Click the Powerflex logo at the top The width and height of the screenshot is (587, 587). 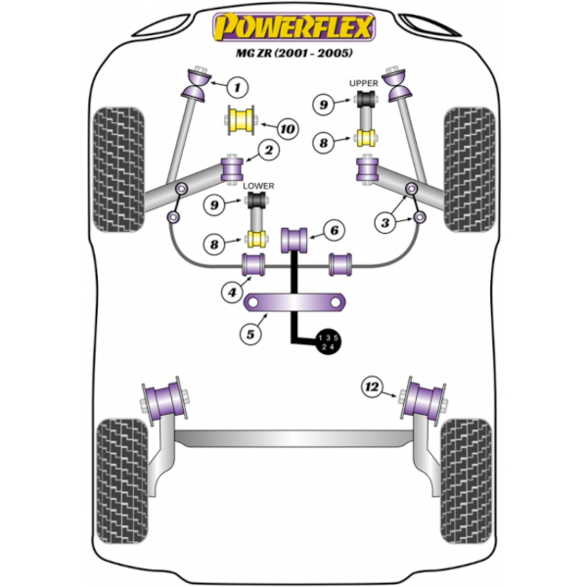click(293, 26)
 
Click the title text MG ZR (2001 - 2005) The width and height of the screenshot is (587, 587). click(293, 53)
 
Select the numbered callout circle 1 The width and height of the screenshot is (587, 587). click(238, 88)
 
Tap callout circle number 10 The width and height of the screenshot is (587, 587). click(288, 129)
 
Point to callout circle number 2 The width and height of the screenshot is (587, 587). click(269, 151)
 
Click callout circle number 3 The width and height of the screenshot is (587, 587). click(385, 223)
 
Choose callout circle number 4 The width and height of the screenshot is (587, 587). click(232, 292)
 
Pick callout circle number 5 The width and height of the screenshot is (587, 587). click(250, 334)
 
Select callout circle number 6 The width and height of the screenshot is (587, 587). click(334, 230)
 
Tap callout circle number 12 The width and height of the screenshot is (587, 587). click(372, 386)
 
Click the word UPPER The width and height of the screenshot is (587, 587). click(364, 83)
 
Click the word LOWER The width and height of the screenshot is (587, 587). click(258, 186)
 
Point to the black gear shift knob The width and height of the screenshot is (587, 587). click(328, 342)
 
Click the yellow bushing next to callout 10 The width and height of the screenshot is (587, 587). click(241, 120)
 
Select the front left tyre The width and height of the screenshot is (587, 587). click(118, 169)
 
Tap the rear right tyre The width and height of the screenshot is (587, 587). click(467, 481)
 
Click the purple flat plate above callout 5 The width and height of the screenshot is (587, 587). click(294, 302)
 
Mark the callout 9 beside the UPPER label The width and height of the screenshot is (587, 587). click(324, 104)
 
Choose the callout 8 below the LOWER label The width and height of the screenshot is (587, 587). click(214, 245)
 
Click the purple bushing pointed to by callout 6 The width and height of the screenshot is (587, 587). click(294, 240)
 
